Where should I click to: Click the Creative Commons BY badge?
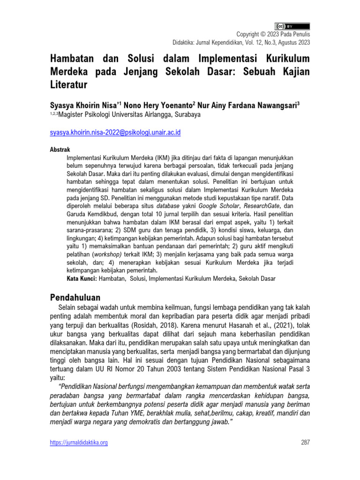[292, 26]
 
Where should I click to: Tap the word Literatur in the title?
[68, 85]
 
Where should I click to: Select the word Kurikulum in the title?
[284, 60]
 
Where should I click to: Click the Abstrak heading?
[60, 149]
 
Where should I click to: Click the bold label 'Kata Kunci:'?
[82, 278]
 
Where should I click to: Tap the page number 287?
[305, 442]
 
